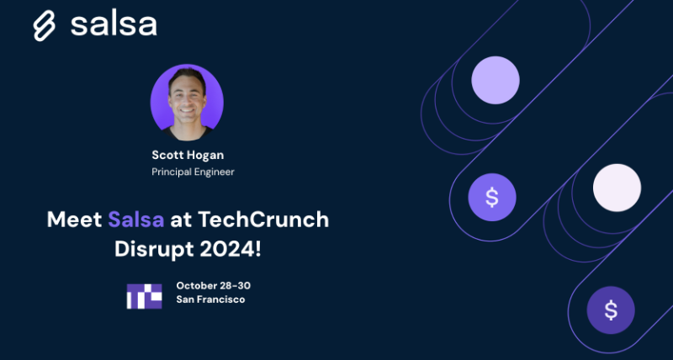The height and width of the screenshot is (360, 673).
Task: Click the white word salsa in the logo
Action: pos(114,24)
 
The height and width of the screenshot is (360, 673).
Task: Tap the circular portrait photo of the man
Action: pos(187,103)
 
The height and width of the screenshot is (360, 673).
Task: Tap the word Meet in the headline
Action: pos(74,220)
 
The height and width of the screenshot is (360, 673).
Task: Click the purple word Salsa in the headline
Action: pos(137,220)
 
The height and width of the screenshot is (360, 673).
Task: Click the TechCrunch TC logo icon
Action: pos(143,294)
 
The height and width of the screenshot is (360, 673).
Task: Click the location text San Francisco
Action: pos(211,300)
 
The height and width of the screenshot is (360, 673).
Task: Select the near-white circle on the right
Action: pos(617,187)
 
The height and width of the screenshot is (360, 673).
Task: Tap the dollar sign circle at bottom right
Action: pos(611,310)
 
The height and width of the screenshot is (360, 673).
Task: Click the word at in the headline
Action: pos(181,220)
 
